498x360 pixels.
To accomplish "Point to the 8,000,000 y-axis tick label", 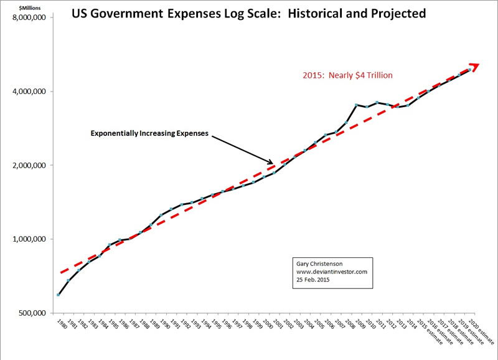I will coord(29,17).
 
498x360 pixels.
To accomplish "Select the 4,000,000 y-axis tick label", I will coord(29,92).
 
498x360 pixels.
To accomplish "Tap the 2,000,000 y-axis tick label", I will coord(29,165).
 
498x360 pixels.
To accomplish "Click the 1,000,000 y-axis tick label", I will coord(29,239).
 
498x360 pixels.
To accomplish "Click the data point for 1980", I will coord(58,295).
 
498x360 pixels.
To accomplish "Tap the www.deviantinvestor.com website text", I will coord(331,272).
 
